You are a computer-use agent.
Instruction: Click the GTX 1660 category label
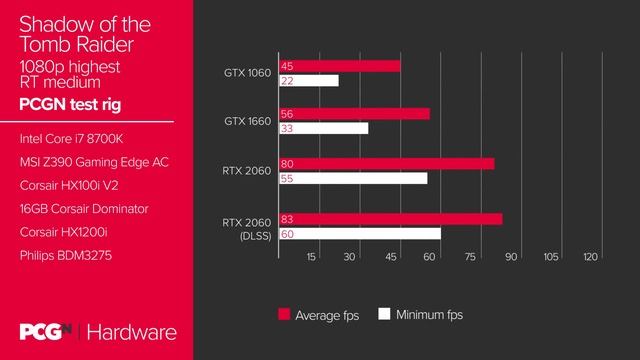[x=246, y=121]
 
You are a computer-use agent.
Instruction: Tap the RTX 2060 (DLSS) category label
[x=246, y=228]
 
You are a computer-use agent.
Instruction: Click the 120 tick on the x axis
[x=590, y=257]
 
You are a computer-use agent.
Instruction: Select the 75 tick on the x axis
[x=470, y=257]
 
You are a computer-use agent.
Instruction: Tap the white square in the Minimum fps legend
[x=383, y=314]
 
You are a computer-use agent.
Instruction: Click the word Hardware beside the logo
[x=136, y=332]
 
